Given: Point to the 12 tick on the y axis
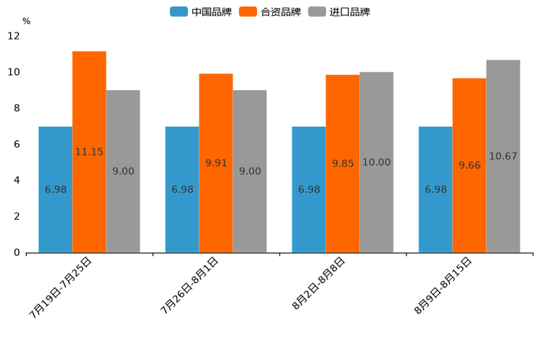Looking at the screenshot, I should [x=14, y=36].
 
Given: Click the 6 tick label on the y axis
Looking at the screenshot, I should [x=17, y=144].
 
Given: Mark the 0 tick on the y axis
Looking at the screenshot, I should [x=17, y=253].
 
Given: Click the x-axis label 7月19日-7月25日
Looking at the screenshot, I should [x=61, y=287].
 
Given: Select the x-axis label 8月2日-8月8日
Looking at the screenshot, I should [x=319, y=284].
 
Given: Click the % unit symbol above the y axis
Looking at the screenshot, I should [x=26, y=21].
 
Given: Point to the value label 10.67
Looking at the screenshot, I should [x=503, y=156].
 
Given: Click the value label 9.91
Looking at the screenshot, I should [x=216, y=163].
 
